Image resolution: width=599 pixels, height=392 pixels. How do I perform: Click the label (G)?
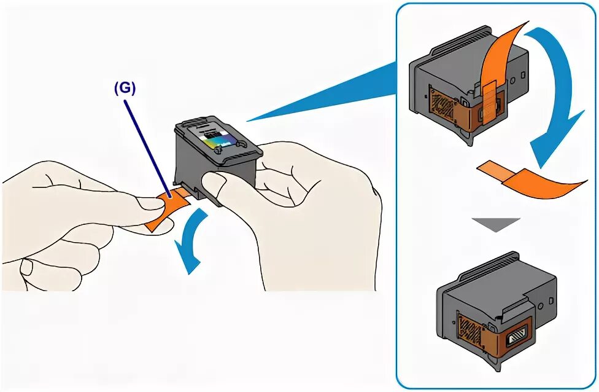(x=124, y=87)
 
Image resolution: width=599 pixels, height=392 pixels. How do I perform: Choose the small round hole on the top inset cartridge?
(x=520, y=79)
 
